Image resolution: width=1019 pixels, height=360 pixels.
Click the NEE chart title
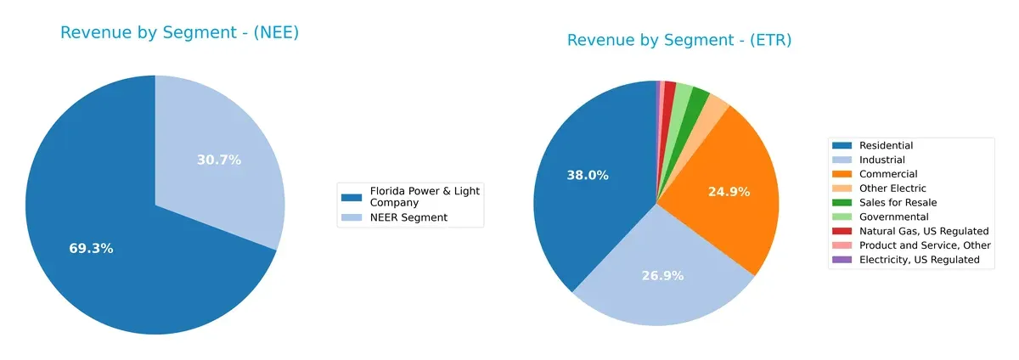[x=179, y=33]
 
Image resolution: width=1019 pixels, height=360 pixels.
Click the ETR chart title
[x=679, y=40]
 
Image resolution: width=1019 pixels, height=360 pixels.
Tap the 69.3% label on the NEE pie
[x=91, y=249]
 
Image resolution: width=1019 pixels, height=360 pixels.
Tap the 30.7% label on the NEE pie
[x=219, y=160]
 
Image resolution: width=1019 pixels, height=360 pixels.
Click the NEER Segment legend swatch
[x=351, y=218]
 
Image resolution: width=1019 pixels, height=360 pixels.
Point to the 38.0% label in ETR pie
[x=588, y=175]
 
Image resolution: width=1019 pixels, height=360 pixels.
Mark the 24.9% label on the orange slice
[x=729, y=192]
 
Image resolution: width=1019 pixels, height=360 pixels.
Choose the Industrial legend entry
[x=881, y=160]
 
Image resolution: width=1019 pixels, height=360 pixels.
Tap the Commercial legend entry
[x=887, y=174]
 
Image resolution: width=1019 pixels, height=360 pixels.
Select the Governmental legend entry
[x=893, y=217]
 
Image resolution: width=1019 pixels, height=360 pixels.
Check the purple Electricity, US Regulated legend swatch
[x=842, y=260]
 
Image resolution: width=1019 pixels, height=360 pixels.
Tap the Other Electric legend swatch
[x=842, y=188]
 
